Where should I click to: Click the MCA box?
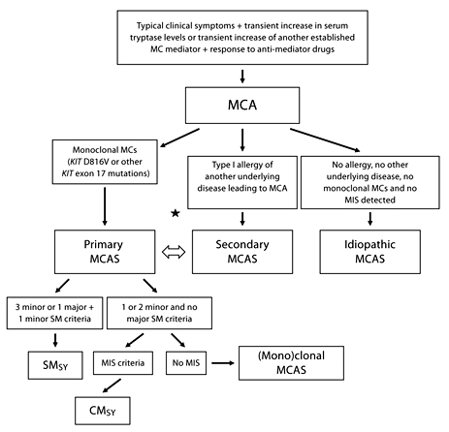point(241,101)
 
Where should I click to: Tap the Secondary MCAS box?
point(241,249)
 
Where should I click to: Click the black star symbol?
point(175,213)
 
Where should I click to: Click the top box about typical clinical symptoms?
point(241,35)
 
